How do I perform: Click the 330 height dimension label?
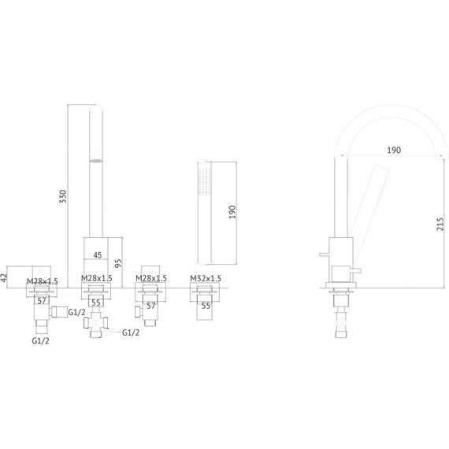[63, 196]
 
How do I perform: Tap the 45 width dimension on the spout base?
[98, 255]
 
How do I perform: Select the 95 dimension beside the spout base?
[118, 263]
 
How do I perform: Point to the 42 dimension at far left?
[3, 277]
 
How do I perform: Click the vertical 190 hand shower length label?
[232, 212]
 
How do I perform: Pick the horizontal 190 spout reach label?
[394, 150]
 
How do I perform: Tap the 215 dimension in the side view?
[440, 224]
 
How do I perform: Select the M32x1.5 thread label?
[206, 278]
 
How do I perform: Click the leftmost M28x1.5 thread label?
[43, 281]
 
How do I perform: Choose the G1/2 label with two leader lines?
[131, 332]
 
